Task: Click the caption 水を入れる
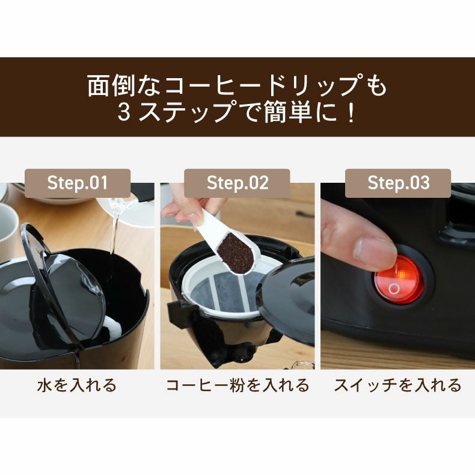77,385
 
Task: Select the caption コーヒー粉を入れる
237,385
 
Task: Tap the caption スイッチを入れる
398,385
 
